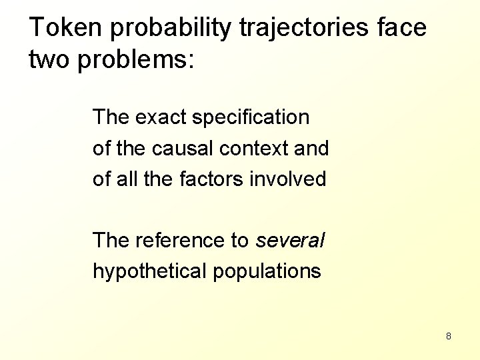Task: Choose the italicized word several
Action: coord(289,240)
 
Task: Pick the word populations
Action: coord(267,271)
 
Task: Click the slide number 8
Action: coord(449,336)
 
